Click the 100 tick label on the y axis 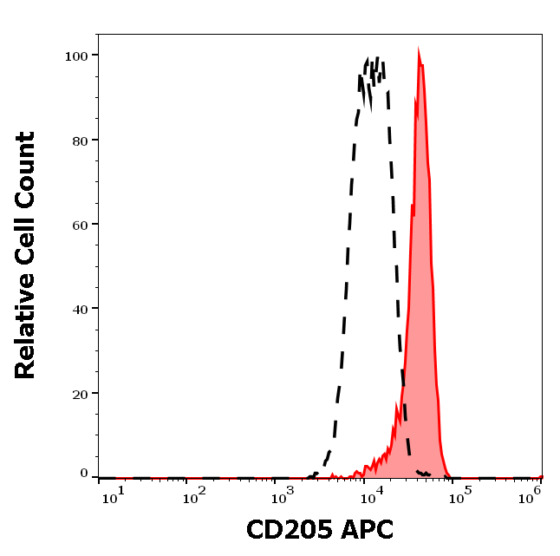[77, 56]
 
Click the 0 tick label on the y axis [85, 474]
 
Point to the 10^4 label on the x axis [370, 494]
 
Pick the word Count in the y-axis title [25, 165]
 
